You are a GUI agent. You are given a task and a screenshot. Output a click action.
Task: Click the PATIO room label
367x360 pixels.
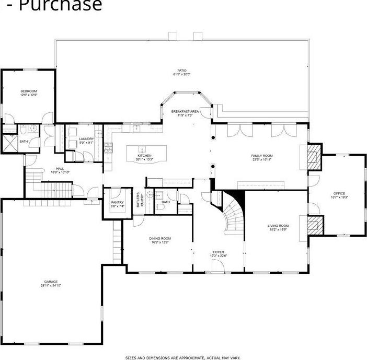[181, 71]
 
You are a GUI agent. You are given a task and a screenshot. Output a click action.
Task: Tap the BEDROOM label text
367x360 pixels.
[29, 91]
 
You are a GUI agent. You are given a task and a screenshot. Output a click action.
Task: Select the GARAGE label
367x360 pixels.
[51, 282]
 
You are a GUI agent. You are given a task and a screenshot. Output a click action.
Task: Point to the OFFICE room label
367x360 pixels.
[339, 193]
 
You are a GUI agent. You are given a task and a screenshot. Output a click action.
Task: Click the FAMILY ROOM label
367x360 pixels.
[262, 156]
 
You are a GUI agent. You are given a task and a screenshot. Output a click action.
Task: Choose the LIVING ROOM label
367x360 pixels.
[279, 225]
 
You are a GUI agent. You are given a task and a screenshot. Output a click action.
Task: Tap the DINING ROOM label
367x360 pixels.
[161, 238]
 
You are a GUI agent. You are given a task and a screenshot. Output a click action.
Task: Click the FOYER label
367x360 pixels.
[219, 252]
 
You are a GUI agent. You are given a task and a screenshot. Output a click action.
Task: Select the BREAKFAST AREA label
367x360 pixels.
[185, 111]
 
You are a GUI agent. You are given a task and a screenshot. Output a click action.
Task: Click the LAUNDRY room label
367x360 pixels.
[86, 139]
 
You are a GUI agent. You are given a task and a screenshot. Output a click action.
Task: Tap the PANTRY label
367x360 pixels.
[118, 203]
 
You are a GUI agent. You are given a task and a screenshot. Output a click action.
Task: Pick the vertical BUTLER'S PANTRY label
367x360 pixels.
[140, 201]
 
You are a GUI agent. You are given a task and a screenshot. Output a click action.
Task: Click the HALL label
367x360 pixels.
[60, 168]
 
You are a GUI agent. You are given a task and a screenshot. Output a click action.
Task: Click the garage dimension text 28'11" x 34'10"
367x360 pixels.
[51, 286]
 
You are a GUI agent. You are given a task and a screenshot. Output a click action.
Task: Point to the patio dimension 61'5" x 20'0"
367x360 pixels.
[181, 75]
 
